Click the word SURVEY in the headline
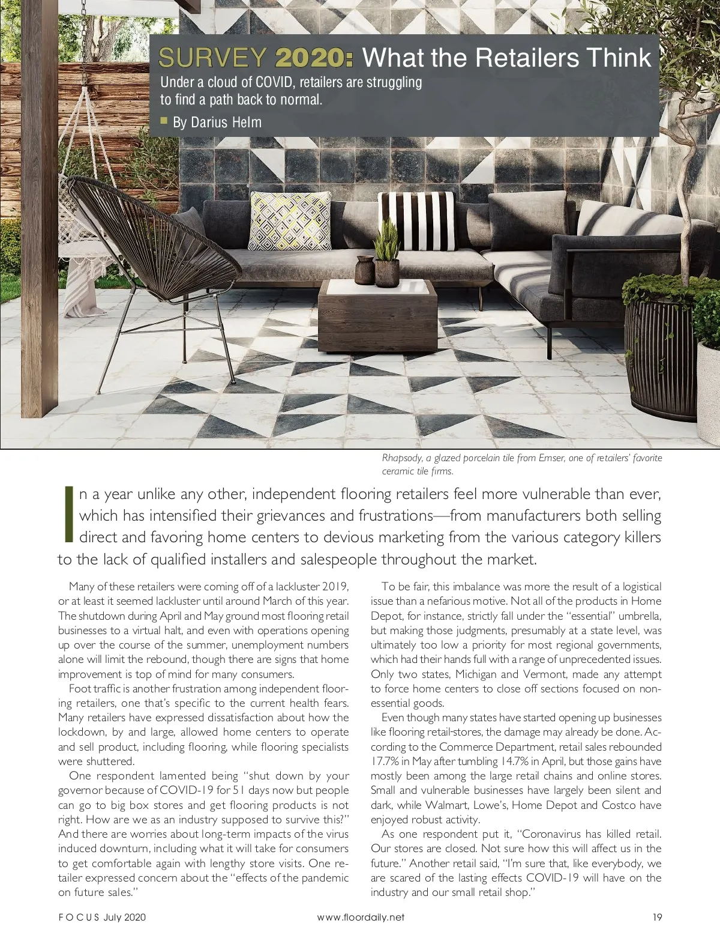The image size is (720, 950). [212, 58]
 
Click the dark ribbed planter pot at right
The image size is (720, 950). [660, 354]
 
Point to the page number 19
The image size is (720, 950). [656, 917]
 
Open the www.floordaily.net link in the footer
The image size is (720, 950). [360, 917]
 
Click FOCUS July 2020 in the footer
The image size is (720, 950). [102, 917]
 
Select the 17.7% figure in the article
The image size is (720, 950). [384, 761]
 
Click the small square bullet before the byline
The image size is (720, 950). [164, 121]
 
